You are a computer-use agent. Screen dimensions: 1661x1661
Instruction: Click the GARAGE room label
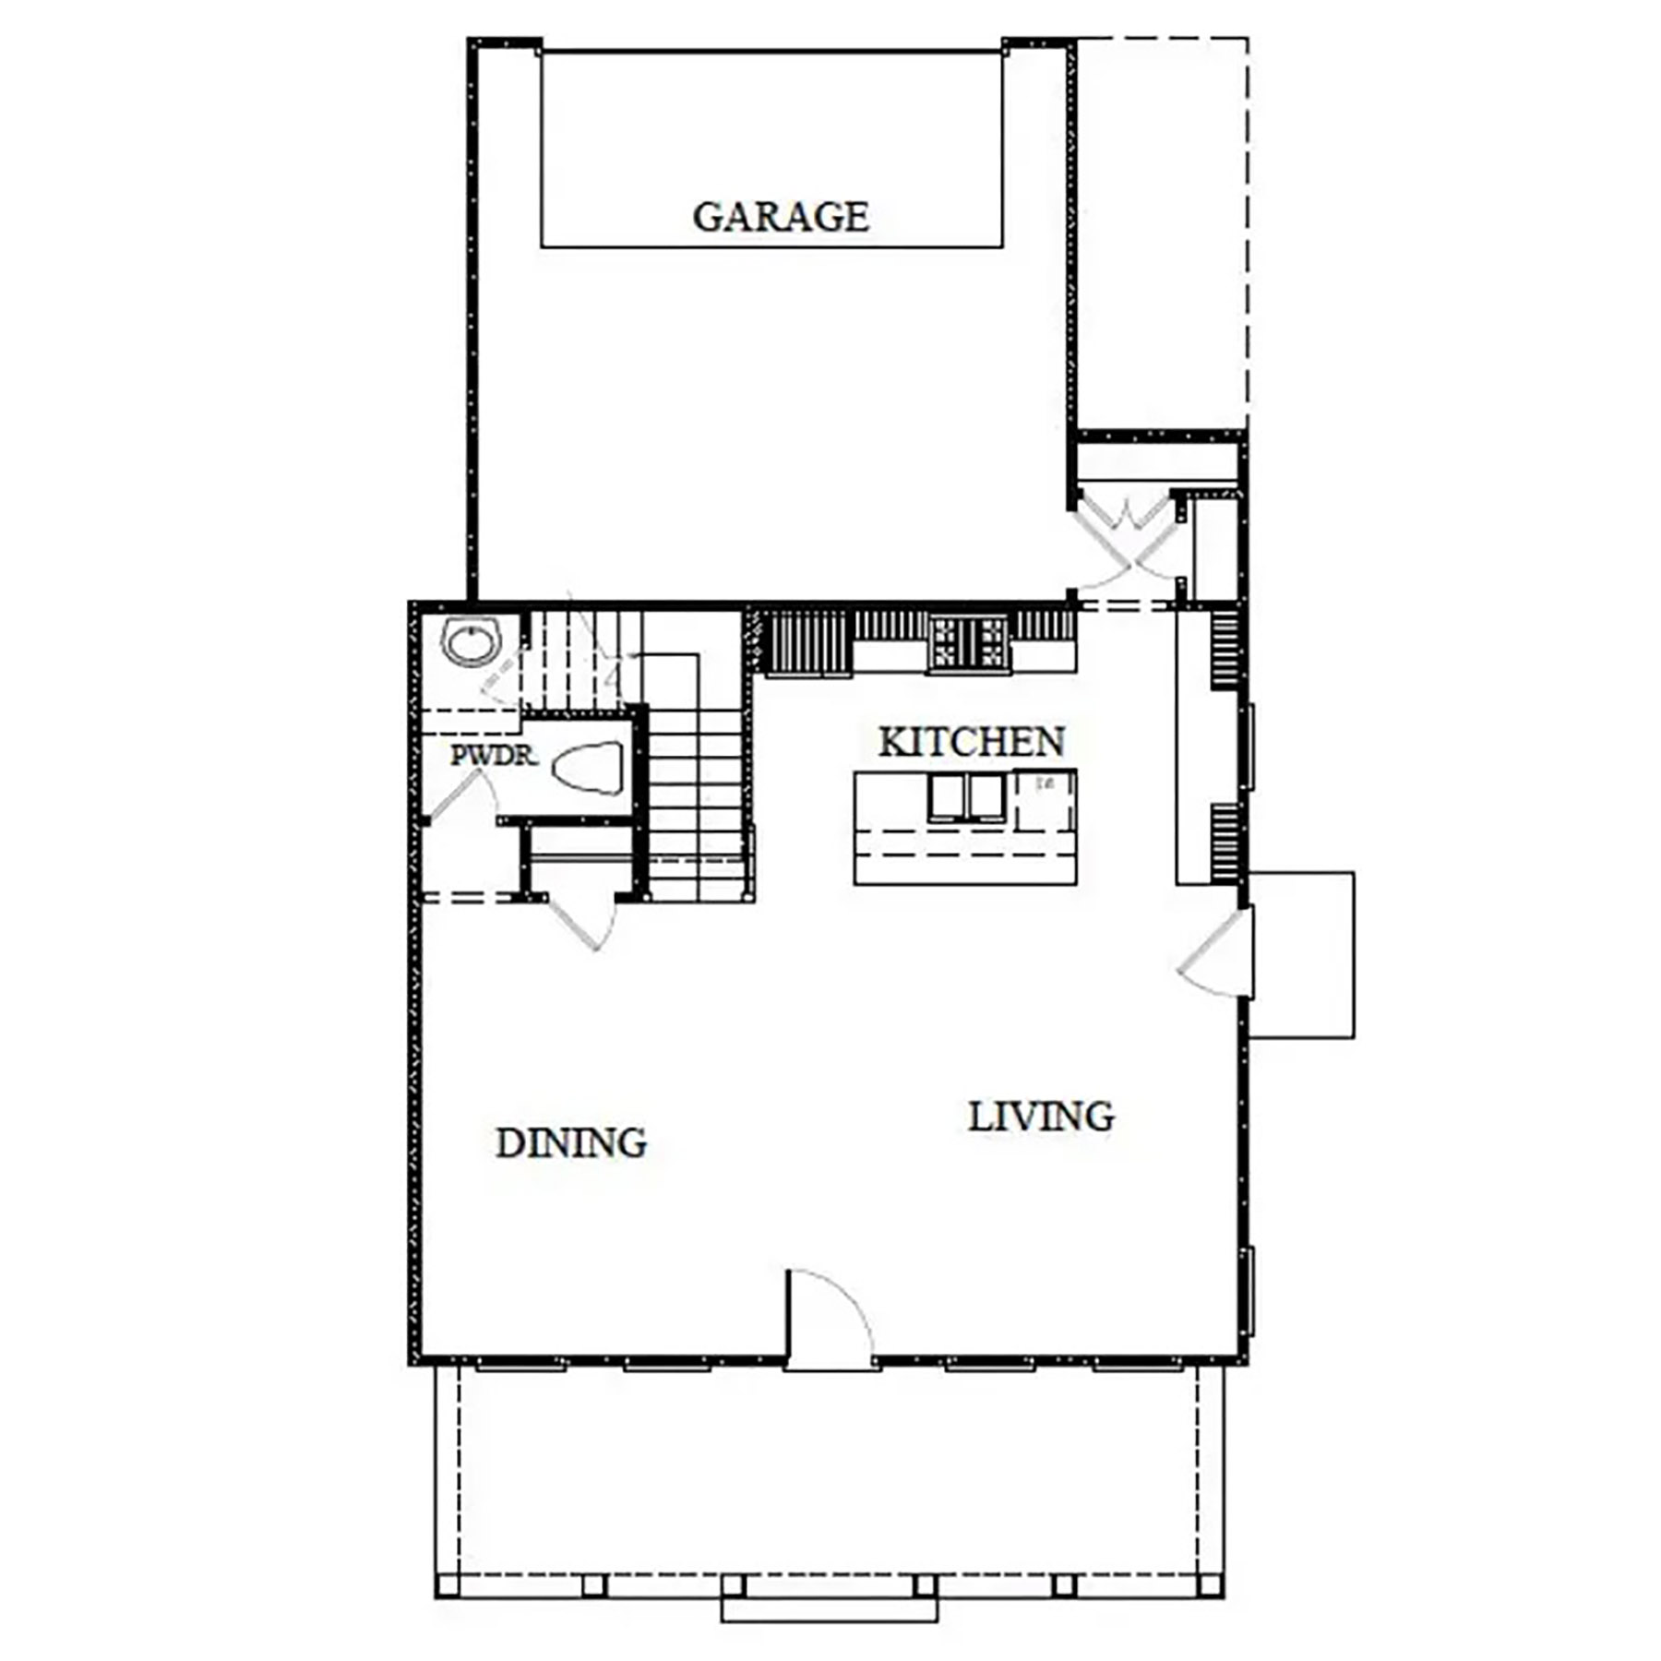click(781, 217)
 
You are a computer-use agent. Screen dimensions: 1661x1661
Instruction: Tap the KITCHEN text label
click(971, 742)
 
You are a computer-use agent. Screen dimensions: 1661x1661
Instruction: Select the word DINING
click(571, 1143)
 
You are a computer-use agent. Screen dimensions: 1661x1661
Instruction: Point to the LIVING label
click(1041, 1117)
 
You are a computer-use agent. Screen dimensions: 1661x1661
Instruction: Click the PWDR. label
click(494, 756)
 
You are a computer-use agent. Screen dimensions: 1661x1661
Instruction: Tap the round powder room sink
click(472, 641)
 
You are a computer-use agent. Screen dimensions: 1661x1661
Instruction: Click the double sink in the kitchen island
click(966, 797)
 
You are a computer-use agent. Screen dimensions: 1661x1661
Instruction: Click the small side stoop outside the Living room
click(1301, 955)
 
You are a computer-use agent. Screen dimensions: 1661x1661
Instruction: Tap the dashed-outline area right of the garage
click(1163, 231)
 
